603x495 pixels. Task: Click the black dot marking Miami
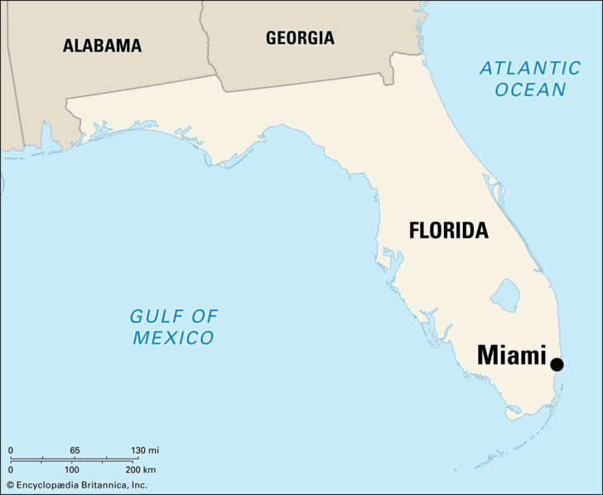click(557, 364)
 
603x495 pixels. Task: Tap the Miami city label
click(512, 357)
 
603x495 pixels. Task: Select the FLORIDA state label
click(448, 231)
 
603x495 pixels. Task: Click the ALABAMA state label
click(102, 46)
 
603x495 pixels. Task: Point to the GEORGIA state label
click(300, 37)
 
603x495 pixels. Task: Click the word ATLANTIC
click(530, 68)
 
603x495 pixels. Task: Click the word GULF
click(153, 316)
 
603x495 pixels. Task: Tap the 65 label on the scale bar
click(75, 450)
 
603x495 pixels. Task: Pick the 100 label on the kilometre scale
click(72, 469)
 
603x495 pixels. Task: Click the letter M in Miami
click(489, 357)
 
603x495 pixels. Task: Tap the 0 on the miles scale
click(11, 450)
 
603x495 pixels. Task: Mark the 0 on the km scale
click(11, 469)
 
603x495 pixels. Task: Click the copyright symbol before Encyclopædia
click(10, 484)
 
